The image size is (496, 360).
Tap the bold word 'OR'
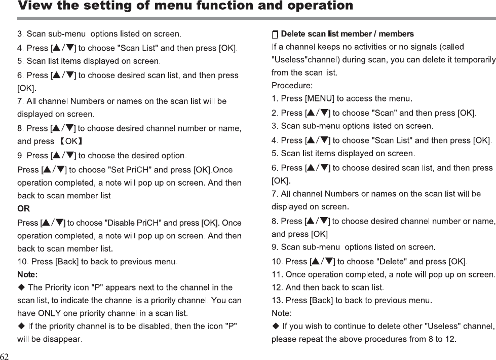23,208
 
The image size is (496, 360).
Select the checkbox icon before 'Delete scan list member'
275,34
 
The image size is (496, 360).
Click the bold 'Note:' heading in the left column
27,275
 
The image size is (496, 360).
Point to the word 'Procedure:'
292,85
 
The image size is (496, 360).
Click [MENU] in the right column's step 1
321,98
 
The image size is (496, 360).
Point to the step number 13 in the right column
277,301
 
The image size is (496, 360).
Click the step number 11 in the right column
277,275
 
